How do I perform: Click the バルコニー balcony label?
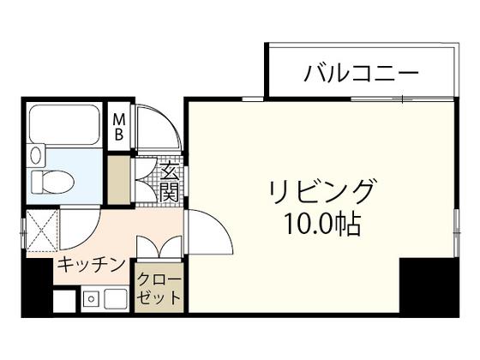pos(361,73)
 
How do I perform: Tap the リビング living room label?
pos(321,192)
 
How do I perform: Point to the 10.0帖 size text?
pos(322,224)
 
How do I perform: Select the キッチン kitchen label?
pos(91,265)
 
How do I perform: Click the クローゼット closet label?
pos(159,289)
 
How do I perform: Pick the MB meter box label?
pos(119,127)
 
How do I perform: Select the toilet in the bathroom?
pos(52,182)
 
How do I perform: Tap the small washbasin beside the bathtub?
pos(35,155)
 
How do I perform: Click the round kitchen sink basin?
pos(91,299)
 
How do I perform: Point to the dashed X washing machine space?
pos(42,231)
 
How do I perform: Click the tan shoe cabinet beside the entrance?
pos(119,180)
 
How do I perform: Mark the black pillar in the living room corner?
pos(429,285)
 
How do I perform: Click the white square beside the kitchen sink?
pos(64,301)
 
